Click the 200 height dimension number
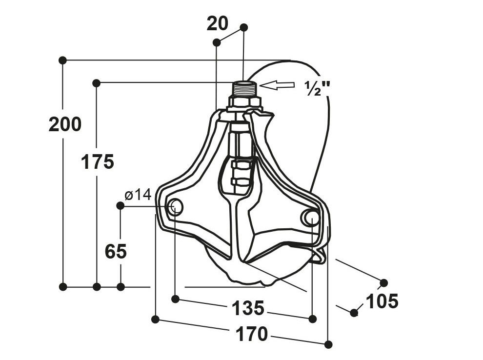click(x=65, y=124)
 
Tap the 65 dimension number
click(x=116, y=251)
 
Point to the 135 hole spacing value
click(x=248, y=308)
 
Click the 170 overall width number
click(x=251, y=334)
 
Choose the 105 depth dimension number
click(x=382, y=301)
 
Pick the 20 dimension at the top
click(x=218, y=23)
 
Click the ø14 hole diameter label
click(x=138, y=195)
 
